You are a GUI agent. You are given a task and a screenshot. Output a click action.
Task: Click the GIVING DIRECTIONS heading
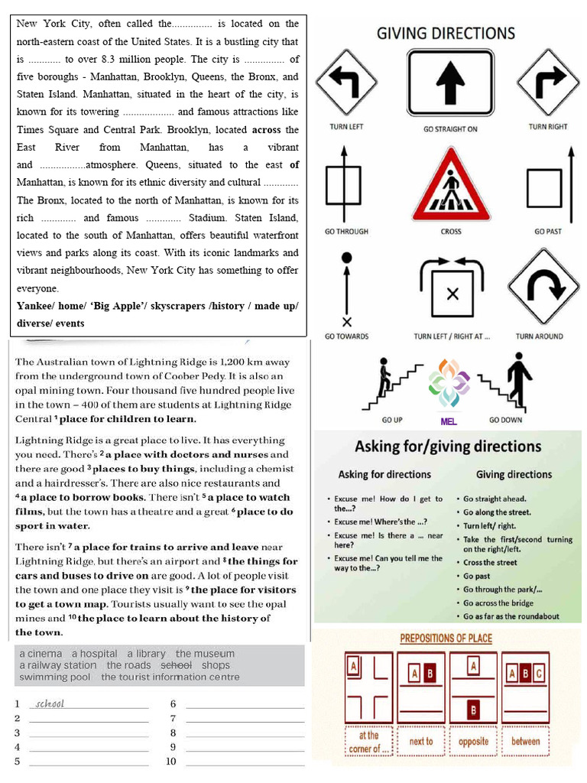(446, 33)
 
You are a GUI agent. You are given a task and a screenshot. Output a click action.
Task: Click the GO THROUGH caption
(346, 231)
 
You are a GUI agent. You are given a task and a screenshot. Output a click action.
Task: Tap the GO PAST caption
(549, 231)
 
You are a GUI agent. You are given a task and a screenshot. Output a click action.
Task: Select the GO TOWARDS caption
(346, 336)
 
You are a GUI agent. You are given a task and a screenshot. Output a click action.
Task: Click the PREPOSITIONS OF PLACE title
(446, 638)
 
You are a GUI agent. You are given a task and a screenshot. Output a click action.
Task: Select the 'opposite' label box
(474, 741)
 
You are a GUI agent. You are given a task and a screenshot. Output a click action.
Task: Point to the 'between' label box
(526, 741)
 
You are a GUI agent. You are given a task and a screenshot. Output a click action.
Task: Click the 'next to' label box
(421, 741)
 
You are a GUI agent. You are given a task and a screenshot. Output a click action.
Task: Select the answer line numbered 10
(245, 762)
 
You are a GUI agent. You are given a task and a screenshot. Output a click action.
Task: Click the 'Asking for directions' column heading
(384, 474)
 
